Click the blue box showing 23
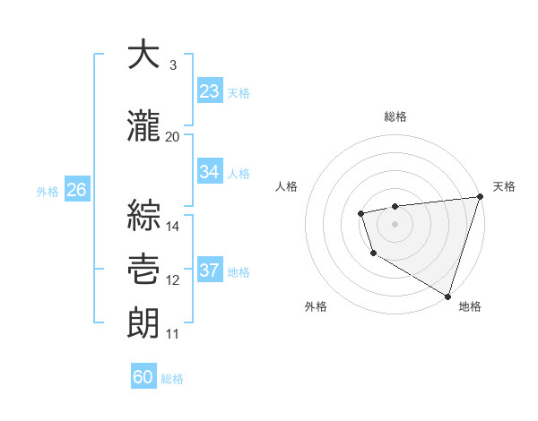pyautogui.click(x=210, y=91)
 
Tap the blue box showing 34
pyautogui.click(x=210, y=172)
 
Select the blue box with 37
pyautogui.click(x=210, y=271)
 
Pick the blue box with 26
pyautogui.click(x=76, y=190)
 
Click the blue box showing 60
pyautogui.click(x=143, y=377)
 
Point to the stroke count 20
pyautogui.click(x=172, y=137)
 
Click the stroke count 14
pyautogui.click(x=173, y=226)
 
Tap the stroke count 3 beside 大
pyautogui.click(x=172, y=65)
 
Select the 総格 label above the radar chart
pyautogui.click(x=395, y=117)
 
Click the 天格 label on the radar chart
pyautogui.click(x=504, y=186)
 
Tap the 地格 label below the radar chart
pyautogui.click(x=470, y=306)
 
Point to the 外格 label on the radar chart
pyautogui.click(x=316, y=306)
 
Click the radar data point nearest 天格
pyautogui.click(x=479, y=197)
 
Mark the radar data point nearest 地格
pyautogui.click(x=447, y=295)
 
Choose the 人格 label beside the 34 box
pyautogui.click(x=239, y=173)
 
